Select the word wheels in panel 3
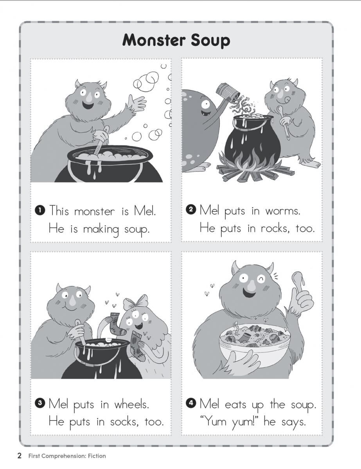point(131,404)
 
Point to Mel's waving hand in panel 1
point(136,103)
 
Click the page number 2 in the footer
point(20,455)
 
